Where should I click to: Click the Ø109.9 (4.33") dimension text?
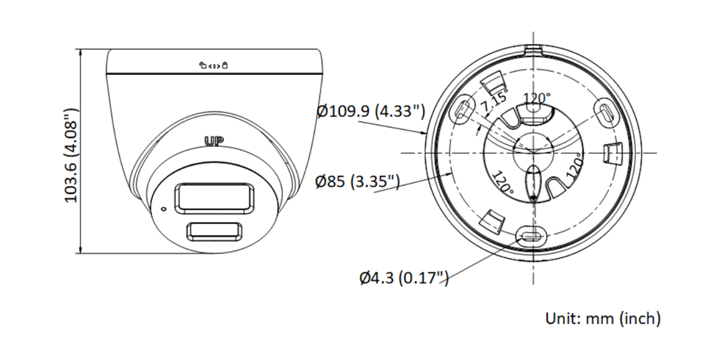(x=371, y=112)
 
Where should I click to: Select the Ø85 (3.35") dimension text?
(x=357, y=181)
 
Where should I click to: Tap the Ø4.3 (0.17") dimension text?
(x=404, y=278)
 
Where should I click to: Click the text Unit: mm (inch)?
(x=602, y=319)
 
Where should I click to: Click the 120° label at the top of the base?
(x=536, y=98)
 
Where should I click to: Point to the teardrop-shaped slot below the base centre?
(x=534, y=180)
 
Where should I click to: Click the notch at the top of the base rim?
(x=532, y=51)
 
